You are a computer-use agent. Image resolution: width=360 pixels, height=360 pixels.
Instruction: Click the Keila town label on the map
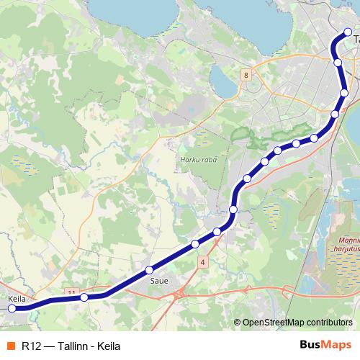[x=17, y=298]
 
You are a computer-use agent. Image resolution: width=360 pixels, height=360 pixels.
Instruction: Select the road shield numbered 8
[x=246, y=75]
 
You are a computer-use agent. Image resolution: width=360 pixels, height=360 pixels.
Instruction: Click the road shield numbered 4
[x=203, y=264]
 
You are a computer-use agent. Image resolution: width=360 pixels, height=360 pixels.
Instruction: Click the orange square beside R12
[x=11, y=346]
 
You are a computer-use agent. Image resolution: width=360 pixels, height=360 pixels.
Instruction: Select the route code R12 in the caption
[x=31, y=346]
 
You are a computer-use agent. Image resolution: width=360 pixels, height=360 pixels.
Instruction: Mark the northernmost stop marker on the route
[x=348, y=32]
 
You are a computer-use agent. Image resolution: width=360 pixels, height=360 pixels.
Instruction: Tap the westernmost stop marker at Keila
[x=12, y=308]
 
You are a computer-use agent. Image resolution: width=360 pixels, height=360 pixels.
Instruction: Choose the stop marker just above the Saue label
[x=150, y=270]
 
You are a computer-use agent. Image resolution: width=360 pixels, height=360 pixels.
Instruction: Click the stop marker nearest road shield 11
[x=84, y=297]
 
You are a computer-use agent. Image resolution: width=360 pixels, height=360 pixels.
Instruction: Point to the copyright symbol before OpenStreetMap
[x=238, y=322]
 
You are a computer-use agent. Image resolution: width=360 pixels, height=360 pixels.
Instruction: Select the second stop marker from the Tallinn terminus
[x=338, y=63]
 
